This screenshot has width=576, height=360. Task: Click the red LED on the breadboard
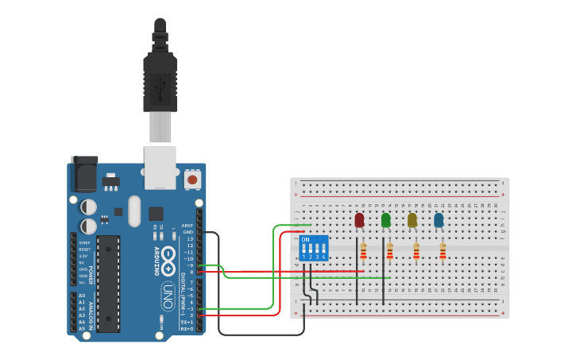(x=359, y=220)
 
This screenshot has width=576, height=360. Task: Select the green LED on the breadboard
(x=386, y=220)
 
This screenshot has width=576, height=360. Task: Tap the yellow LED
(x=412, y=220)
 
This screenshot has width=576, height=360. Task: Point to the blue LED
(x=439, y=220)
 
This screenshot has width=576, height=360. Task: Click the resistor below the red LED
(x=363, y=252)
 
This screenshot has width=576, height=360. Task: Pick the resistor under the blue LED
(x=443, y=252)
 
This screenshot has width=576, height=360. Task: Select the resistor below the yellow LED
(x=416, y=252)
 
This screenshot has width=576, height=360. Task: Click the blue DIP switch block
(x=314, y=247)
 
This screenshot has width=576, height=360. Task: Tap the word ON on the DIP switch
(x=306, y=239)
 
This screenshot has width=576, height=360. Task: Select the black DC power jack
(x=84, y=174)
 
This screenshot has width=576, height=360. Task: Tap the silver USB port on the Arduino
(x=160, y=167)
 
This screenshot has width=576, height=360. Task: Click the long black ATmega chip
(x=108, y=283)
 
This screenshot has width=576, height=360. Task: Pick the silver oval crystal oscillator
(x=134, y=211)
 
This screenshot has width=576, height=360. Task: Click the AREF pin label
(x=187, y=225)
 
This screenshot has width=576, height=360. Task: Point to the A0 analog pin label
(x=82, y=296)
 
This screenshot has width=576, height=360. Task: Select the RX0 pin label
(x=187, y=328)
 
